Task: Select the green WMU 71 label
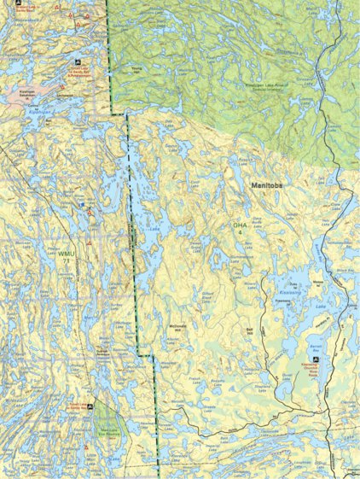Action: pos(67,260)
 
